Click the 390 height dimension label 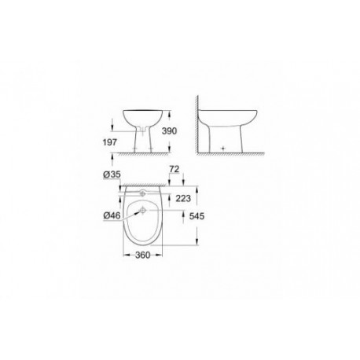point(169,130)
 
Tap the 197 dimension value point(109,142)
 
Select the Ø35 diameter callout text point(112,174)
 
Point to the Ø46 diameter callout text point(112,215)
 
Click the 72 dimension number point(174,169)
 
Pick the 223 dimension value point(183,199)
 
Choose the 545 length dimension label point(197,216)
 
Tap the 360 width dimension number point(143,255)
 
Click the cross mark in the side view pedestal point(223,149)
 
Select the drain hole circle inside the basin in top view point(143,210)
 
